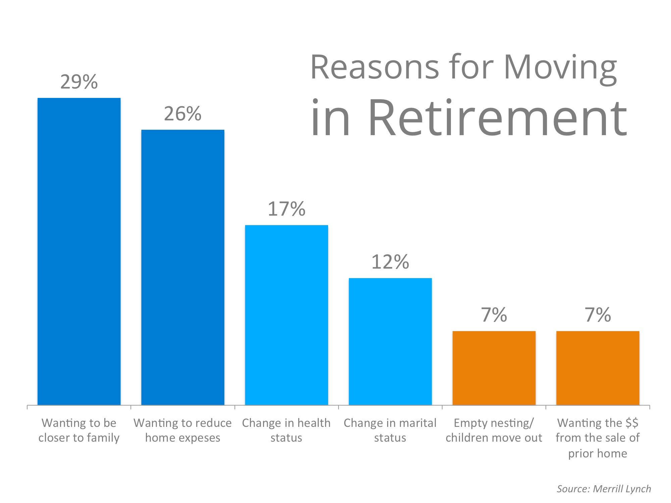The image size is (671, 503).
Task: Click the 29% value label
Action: click(79, 82)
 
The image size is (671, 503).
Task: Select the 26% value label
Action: click(183, 114)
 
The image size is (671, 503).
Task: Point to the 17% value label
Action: click(286, 209)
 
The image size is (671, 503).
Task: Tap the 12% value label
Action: click(390, 262)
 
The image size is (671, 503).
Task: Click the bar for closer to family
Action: click(79, 251)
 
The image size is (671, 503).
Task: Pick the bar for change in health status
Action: click(286, 315)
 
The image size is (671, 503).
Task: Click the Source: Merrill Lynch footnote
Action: click(604, 489)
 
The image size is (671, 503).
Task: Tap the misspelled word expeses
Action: click(199, 438)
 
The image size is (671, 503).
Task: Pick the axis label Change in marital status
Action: click(390, 430)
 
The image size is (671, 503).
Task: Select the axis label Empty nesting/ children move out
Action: click(494, 430)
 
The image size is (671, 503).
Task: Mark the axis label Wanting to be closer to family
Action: click(79, 430)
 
